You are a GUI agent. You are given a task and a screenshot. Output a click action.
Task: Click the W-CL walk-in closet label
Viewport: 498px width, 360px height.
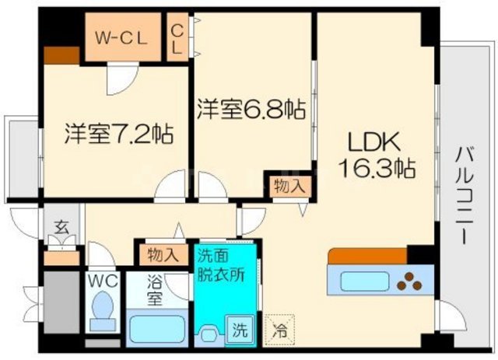pyautogui.click(x=122, y=37)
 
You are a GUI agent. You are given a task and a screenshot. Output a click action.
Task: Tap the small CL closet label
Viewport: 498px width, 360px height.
pyautogui.click(x=177, y=37)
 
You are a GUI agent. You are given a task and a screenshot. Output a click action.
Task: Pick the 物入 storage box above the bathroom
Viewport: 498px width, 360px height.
pyautogui.click(x=163, y=253)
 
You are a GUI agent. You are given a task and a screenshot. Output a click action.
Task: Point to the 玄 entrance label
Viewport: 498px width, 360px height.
pyautogui.click(x=60, y=229)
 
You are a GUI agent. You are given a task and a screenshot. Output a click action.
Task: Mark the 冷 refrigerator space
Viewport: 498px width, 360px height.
pyautogui.click(x=278, y=329)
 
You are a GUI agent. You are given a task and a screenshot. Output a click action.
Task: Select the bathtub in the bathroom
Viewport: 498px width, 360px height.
pyautogui.click(x=156, y=327)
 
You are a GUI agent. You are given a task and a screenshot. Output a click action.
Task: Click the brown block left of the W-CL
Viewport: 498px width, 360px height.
pyautogui.click(x=61, y=55)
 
